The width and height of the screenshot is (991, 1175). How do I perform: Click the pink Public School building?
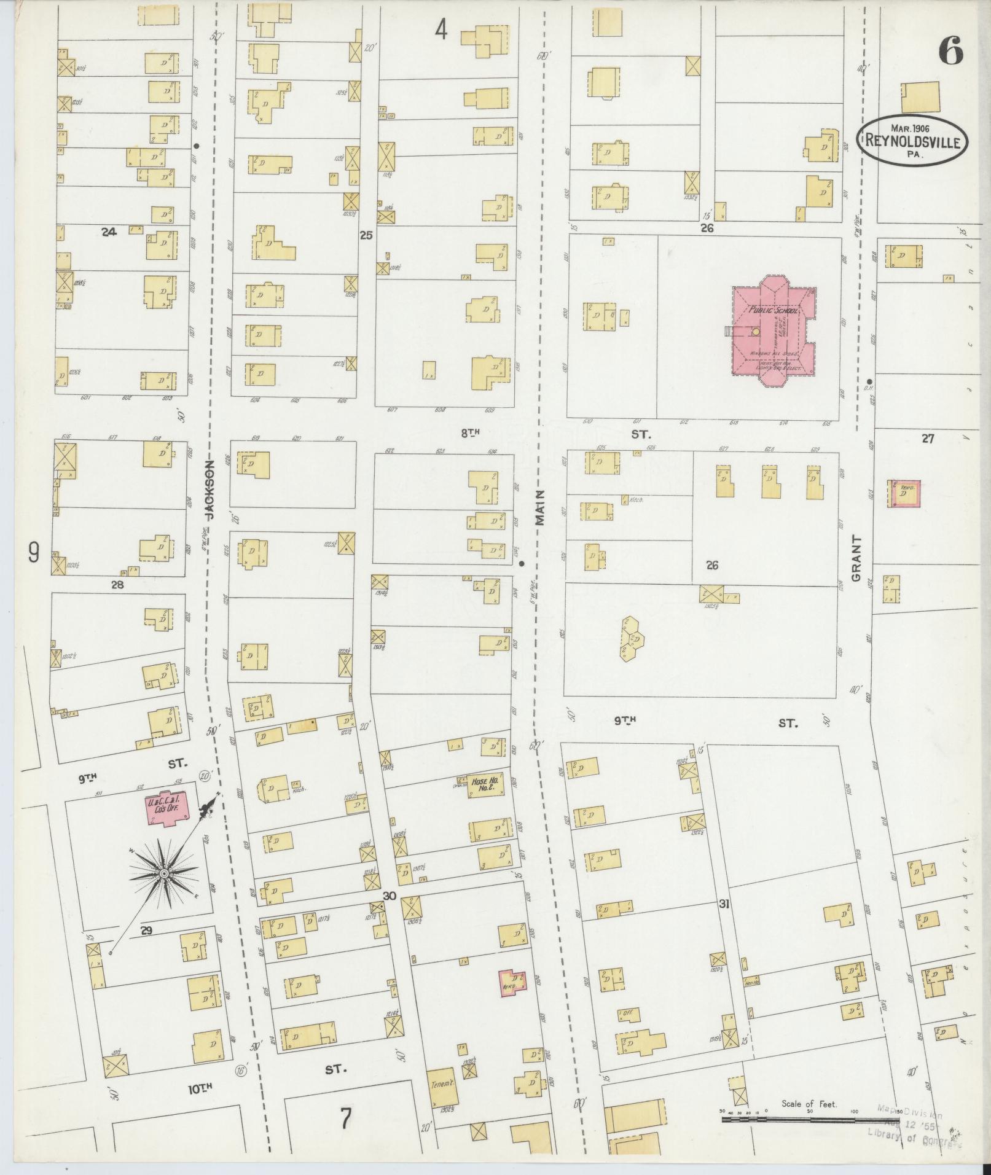[x=773, y=332]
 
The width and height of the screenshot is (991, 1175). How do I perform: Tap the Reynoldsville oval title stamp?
[x=915, y=140]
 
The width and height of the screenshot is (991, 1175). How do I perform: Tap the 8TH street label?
[x=470, y=433]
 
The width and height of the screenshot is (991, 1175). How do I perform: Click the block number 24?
[x=109, y=232]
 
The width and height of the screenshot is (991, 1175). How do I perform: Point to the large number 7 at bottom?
[x=345, y=1119]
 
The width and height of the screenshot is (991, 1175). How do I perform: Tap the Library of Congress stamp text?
[x=914, y=1138]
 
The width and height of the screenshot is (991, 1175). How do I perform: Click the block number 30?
[x=389, y=896]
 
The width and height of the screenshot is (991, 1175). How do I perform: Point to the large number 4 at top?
[x=441, y=29]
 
